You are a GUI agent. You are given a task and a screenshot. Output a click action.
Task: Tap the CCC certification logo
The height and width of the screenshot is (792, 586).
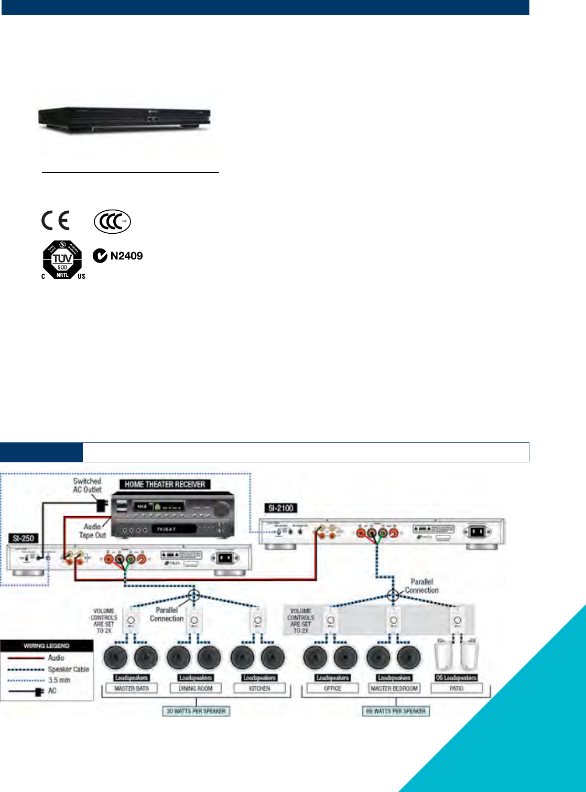click(112, 222)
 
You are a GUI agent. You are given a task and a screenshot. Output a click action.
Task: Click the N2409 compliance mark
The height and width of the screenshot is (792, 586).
click(118, 256)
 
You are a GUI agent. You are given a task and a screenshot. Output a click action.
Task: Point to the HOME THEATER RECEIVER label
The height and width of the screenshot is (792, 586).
click(165, 484)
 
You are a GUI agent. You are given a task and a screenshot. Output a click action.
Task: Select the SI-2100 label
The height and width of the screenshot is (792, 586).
click(280, 508)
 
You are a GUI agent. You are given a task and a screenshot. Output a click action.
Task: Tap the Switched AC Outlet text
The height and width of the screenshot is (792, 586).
click(87, 485)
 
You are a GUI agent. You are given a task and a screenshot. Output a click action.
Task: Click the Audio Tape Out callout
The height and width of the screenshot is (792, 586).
click(93, 530)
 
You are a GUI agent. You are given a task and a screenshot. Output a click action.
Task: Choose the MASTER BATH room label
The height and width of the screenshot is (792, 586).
click(132, 688)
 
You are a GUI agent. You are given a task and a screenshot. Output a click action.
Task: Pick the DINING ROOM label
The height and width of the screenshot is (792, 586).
click(196, 688)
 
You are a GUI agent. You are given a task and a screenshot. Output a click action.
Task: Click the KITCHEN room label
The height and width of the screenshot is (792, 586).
click(259, 688)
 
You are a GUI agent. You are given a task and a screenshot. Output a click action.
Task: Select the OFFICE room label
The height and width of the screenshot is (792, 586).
click(333, 688)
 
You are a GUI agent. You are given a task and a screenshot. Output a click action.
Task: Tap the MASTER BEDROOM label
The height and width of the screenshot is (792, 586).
click(394, 688)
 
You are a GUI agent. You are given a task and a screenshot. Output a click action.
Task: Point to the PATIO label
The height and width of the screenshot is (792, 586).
click(457, 688)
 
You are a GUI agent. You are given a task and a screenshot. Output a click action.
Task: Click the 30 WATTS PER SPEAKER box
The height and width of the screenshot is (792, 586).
click(196, 711)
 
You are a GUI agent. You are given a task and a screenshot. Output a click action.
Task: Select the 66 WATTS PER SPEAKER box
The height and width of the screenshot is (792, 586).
click(396, 711)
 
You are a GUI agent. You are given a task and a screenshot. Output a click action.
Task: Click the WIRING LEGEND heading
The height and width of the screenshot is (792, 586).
click(47, 646)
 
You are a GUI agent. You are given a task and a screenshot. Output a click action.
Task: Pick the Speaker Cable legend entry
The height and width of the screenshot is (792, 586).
click(68, 669)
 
